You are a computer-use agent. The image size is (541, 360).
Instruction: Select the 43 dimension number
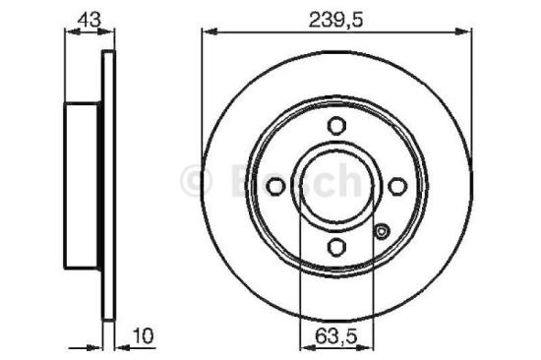tap(87, 16)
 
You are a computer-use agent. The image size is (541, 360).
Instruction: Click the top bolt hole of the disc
tap(335, 125)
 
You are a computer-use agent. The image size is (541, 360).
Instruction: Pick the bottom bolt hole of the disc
tap(335, 246)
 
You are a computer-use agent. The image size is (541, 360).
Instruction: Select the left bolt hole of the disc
tap(274, 185)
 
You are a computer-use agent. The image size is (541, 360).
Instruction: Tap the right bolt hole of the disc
tap(396, 185)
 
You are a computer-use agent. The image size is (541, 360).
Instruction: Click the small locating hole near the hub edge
tap(383, 232)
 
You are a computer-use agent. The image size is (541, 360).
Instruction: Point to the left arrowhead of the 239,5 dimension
tap(207, 31)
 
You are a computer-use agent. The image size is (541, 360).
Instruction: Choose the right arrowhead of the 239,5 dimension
tap(465, 31)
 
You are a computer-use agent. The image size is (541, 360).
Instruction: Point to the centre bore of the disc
tap(335, 185)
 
